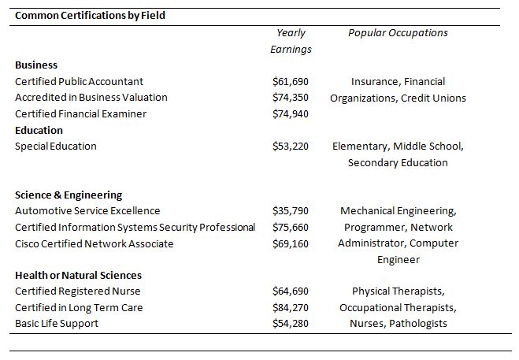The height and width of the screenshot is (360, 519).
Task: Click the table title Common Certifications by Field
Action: coord(90,16)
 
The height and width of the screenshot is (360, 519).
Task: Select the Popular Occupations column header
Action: coord(398,33)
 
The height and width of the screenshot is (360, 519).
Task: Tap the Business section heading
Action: coord(36,65)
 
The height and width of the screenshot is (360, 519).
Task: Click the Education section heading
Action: coord(39,130)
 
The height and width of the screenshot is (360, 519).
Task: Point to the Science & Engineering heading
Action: coord(69,195)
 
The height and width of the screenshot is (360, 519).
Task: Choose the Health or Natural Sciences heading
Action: coord(79,275)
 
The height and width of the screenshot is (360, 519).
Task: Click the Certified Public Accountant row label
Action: coord(79,81)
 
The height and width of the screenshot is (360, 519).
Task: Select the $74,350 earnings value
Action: coord(291,98)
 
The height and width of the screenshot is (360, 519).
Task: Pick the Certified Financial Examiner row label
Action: coord(81,114)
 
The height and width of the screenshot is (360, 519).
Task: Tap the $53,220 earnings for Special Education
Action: coord(291,146)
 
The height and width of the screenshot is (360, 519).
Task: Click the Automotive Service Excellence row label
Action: coord(87,211)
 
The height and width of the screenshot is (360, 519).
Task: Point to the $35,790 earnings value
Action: coord(291,211)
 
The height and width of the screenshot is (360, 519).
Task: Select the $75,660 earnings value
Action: coord(291,228)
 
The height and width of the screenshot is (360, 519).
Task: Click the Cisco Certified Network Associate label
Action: coord(95,243)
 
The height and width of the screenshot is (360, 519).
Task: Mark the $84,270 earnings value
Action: coord(291,308)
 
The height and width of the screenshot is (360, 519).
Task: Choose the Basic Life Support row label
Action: coord(57,324)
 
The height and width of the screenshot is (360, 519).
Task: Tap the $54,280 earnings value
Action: coord(291,324)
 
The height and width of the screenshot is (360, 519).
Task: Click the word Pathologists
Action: coord(418,324)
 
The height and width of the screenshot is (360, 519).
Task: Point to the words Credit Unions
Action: coord(433,98)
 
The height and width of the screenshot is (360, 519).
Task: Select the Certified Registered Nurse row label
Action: coord(78,291)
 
